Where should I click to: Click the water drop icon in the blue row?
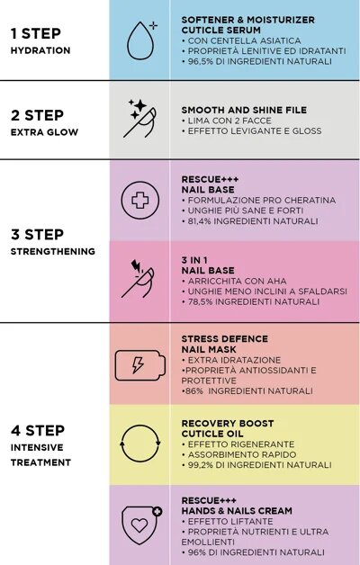pyautogui.click(x=139, y=40)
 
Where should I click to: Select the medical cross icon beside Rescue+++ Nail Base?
pyautogui.click(x=139, y=200)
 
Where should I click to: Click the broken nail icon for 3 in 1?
pyautogui.click(x=139, y=280)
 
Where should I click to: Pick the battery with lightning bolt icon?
pyautogui.click(x=139, y=364)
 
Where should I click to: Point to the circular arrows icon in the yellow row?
pyautogui.click(x=139, y=444)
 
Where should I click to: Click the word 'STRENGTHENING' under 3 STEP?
pyautogui.click(x=52, y=251)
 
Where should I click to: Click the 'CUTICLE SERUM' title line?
pyautogui.click(x=221, y=30)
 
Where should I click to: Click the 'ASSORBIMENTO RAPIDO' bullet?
pyautogui.click(x=239, y=454)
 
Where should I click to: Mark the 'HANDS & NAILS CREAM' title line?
pyautogui.click(x=237, y=510)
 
